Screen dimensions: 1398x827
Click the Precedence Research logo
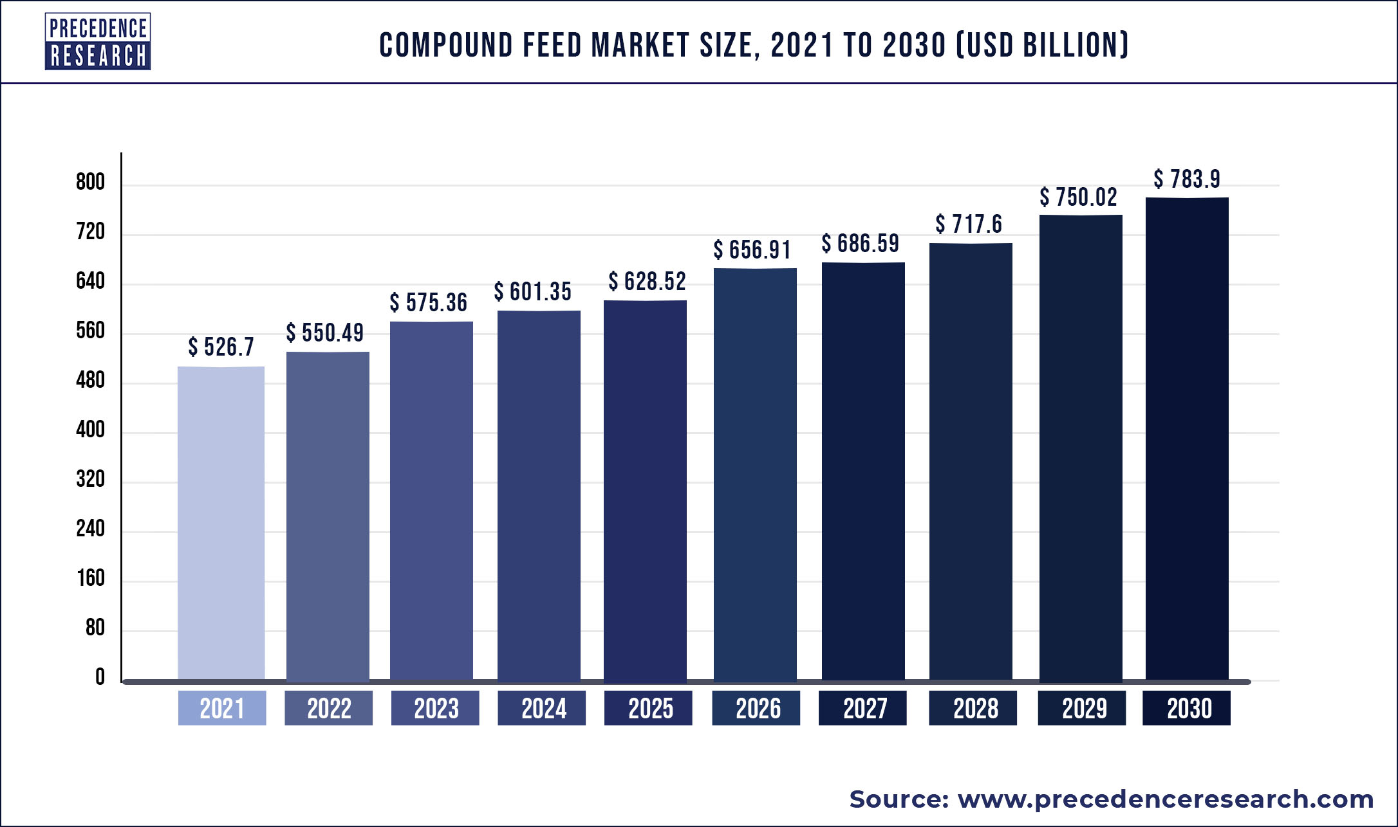point(98,41)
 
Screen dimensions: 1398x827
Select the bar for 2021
point(221,523)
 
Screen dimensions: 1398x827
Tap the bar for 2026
point(755,474)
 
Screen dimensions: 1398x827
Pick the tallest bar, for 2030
point(1187,439)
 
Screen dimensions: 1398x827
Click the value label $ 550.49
point(325,332)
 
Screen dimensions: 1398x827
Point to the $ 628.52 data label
point(648,281)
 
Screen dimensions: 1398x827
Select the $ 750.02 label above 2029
point(1079,197)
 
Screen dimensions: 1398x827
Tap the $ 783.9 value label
point(1187,179)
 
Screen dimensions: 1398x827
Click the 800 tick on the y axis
point(90,182)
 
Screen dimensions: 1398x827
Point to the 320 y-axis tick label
point(90,479)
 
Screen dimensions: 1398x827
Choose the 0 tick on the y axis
point(100,677)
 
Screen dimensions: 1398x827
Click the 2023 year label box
point(435,708)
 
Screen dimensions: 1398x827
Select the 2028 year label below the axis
point(973,708)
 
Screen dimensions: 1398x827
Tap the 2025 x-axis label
point(648,708)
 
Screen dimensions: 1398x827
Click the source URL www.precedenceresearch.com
point(1166,799)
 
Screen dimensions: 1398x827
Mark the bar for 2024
point(539,495)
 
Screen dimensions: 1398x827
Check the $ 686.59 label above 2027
point(861,243)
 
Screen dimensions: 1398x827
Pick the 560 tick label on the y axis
point(90,331)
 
